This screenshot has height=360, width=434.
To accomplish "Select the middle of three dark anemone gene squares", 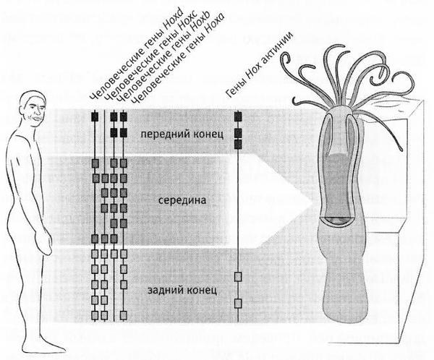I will [x=238, y=133].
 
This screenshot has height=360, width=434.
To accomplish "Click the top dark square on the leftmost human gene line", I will [x=94, y=114].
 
